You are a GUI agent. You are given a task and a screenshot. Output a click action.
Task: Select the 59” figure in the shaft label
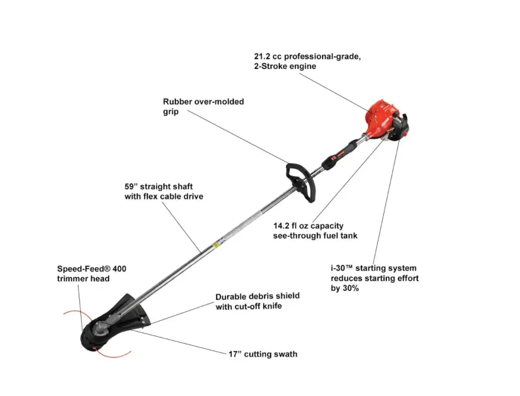pyautogui.click(x=132, y=187)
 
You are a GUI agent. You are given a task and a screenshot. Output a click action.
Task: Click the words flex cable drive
pyautogui.click(x=173, y=196)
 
